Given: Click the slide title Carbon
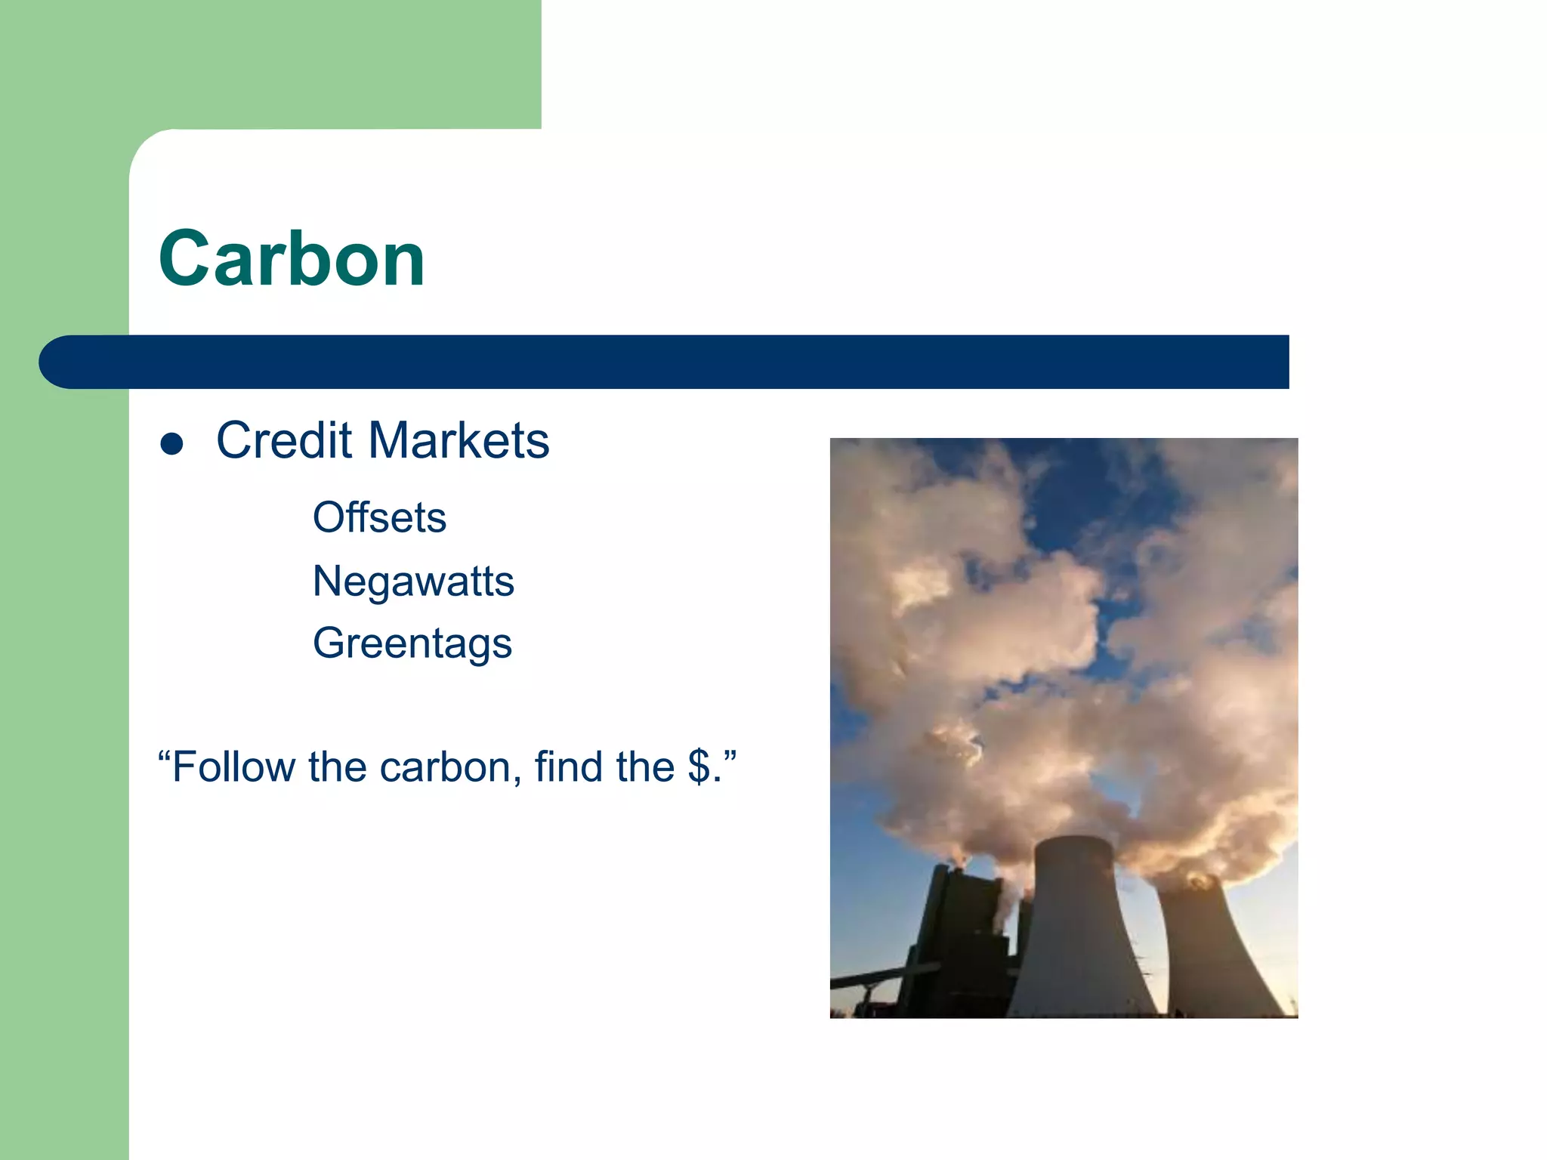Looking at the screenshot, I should pyautogui.click(x=292, y=259).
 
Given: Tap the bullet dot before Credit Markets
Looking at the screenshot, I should pyautogui.click(x=172, y=443).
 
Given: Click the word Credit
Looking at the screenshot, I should pyautogui.click(x=284, y=440).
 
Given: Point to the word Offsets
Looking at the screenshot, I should pyautogui.click(x=379, y=518).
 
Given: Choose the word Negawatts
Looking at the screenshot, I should pyautogui.click(x=413, y=582).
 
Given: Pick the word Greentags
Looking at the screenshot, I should pyautogui.click(x=412, y=643).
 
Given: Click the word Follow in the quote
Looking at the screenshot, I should pyautogui.click(x=233, y=767).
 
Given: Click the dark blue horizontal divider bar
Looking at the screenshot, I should pyautogui.click(x=680, y=362).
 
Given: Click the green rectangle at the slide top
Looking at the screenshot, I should pyautogui.click(x=302, y=60).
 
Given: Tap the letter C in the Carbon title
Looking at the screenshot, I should pyautogui.click(x=185, y=259).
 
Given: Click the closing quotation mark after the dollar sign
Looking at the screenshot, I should pyautogui.click(x=729, y=755).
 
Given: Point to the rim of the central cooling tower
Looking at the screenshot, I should pyautogui.click(x=1073, y=840).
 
